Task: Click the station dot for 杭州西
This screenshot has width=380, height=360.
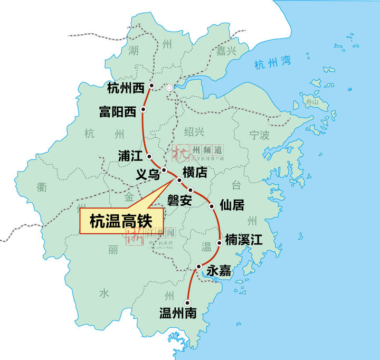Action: (151, 86)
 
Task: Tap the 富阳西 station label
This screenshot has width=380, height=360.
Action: (117, 111)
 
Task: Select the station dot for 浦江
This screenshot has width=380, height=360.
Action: (150, 156)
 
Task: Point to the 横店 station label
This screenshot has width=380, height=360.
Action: (195, 172)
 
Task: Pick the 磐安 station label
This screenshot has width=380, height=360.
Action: (179, 201)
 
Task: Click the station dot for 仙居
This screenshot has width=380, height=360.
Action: (212, 206)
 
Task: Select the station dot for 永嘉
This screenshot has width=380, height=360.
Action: (198, 267)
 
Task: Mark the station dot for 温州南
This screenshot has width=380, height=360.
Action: (188, 302)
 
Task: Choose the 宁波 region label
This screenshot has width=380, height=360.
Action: (259, 136)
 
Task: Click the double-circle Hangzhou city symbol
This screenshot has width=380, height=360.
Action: (169, 88)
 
